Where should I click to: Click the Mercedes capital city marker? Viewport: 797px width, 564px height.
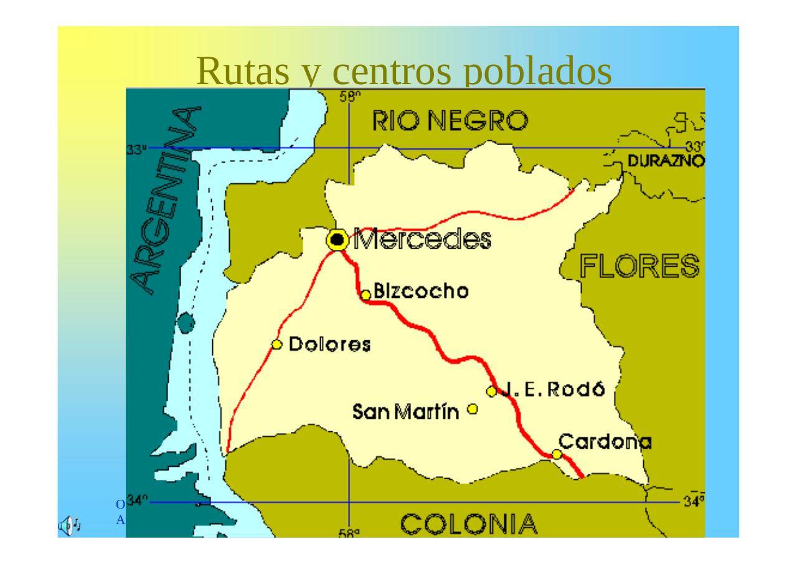click(337, 240)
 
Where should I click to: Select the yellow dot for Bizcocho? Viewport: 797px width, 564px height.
click(366, 295)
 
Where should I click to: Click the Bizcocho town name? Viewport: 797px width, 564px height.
click(421, 292)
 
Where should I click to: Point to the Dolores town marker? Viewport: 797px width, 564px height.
click(277, 345)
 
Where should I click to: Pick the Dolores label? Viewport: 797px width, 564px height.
click(330, 345)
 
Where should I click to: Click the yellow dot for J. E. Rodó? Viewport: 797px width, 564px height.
click(491, 391)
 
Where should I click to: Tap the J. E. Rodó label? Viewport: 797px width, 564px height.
click(554, 390)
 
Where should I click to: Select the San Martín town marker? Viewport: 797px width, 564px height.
click(473, 409)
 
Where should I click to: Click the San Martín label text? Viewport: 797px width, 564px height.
click(405, 411)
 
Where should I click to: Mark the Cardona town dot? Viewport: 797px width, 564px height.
click(557, 454)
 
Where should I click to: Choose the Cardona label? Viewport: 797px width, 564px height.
click(605, 442)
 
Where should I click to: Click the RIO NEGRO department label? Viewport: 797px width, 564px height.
click(450, 122)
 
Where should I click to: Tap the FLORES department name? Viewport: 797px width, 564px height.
click(639, 267)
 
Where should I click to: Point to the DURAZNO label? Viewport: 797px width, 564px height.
click(666, 161)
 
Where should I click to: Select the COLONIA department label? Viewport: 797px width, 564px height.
click(468, 524)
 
